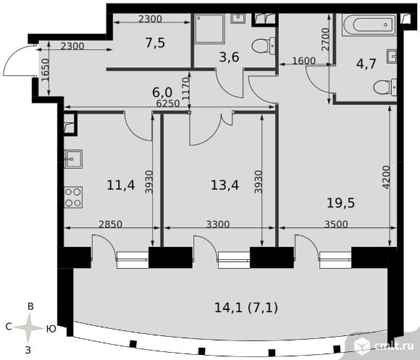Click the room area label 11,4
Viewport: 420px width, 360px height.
tap(120, 185)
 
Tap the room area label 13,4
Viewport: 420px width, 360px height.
tap(224, 185)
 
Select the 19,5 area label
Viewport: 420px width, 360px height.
tap(341, 203)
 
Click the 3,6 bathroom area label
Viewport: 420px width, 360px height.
tap(229, 57)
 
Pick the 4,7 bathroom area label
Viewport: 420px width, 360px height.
tap(366, 64)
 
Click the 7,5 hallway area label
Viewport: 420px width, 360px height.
tap(156, 43)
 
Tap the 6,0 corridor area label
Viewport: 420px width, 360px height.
tap(162, 93)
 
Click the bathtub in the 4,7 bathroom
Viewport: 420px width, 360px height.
tap(369, 25)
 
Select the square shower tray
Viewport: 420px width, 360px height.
tap(209, 29)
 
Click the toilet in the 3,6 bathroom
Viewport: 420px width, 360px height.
tap(264, 46)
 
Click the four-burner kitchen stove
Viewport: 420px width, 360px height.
tap(73, 198)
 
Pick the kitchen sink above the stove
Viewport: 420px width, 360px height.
tap(73, 159)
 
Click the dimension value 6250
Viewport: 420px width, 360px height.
tap(168, 104)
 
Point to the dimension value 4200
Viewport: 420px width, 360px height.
tap(386, 177)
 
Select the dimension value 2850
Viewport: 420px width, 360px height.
tap(110, 224)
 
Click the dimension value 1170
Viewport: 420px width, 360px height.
tap(185, 88)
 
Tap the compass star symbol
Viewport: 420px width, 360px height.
tap(29, 327)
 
